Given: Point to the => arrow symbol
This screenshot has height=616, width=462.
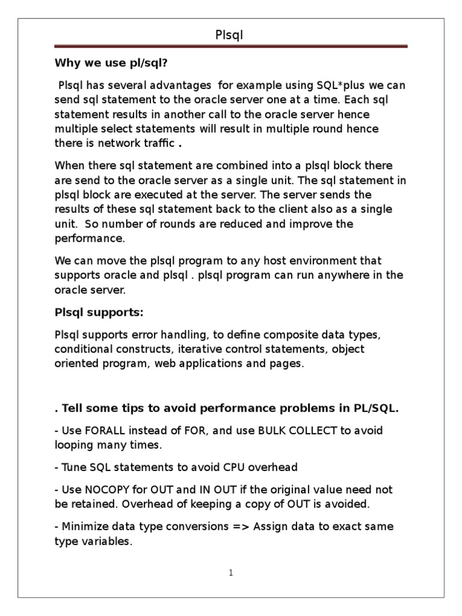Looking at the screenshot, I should click(239, 526).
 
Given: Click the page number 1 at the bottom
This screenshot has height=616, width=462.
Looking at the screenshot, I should click(230, 573).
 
